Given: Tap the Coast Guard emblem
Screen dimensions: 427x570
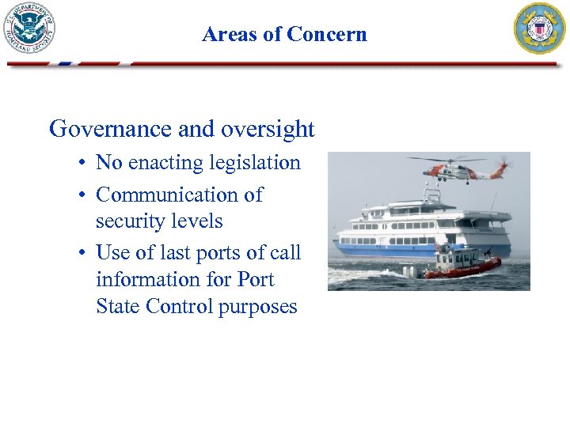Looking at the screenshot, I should coord(540,28).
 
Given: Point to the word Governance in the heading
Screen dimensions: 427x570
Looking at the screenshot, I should coord(104,129).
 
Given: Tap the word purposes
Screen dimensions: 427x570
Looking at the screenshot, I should coord(259,308).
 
